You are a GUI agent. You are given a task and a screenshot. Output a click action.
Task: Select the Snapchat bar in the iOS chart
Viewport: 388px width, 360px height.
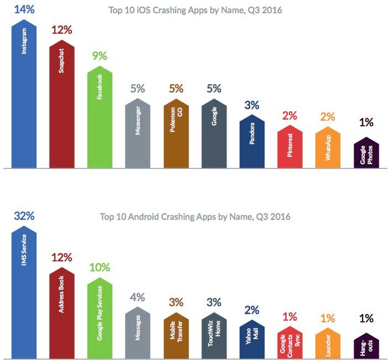[62, 105]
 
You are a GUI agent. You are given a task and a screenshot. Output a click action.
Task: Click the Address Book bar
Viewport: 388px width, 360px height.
[62, 310]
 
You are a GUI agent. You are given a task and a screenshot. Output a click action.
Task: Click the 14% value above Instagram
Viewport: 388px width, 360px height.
[24, 9]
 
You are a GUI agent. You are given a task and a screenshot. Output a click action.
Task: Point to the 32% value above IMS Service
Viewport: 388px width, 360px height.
[24, 216]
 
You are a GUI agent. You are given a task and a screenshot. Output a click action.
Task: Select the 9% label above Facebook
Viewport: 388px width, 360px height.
[100, 55]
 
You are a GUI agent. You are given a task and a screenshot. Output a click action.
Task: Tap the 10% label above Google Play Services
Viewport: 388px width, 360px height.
[100, 268]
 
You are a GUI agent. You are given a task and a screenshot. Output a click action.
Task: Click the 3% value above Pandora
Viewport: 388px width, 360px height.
[252, 105]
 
